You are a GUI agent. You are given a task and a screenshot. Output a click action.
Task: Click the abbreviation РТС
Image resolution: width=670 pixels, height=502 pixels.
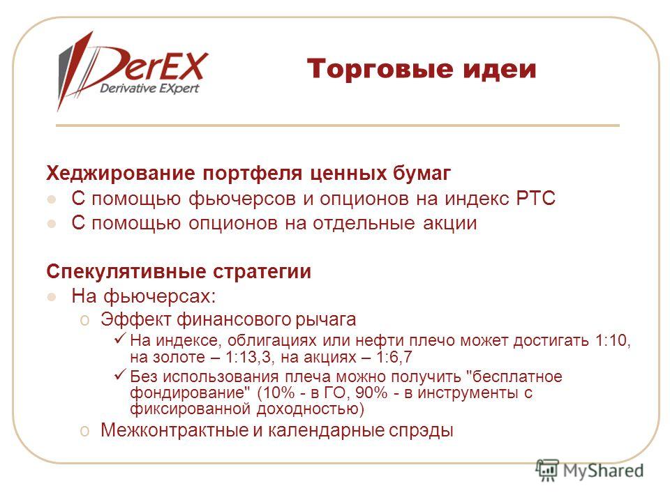point(535,199)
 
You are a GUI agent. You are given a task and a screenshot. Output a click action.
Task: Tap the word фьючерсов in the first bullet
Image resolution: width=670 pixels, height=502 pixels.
point(242,199)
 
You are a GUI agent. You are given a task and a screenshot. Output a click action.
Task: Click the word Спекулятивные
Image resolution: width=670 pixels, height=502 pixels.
point(126,272)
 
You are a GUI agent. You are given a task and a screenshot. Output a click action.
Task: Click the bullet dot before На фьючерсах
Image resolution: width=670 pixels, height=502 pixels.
point(52,297)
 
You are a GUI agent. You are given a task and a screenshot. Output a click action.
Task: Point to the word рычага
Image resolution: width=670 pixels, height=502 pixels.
point(326,320)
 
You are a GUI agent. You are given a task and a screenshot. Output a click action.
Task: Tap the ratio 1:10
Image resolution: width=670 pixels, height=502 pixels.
point(611,341)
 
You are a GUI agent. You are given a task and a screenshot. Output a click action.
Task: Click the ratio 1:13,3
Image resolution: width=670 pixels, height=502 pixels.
point(247,357)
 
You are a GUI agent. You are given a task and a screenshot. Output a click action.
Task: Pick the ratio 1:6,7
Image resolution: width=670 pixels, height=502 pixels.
point(394,357)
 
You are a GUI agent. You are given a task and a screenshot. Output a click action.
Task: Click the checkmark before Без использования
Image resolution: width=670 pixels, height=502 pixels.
point(119,374)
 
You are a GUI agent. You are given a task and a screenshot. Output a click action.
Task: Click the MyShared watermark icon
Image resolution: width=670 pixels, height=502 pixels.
point(547,471)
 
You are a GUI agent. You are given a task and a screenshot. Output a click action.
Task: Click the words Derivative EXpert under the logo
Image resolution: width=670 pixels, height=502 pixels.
point(149,89)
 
